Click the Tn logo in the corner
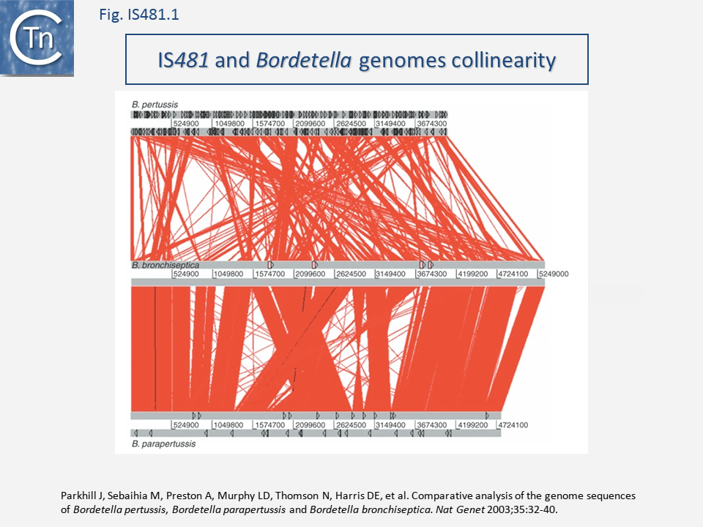[x=37, y=38]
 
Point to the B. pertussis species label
[x=155, y=105]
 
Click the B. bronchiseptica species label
[x=165, y=264]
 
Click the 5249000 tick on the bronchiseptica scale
[x=554, y=274]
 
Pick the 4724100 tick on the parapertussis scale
[x=513, y=425]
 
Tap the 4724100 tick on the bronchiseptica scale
[x=513, y=274]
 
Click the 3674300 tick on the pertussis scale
[x=431, y=124]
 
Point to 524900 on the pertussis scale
[x=186, y=124]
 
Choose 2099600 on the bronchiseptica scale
[x=309, y=274]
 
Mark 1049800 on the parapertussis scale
[x=227, y=425]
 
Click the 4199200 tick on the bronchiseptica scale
[x=472, y=274]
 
